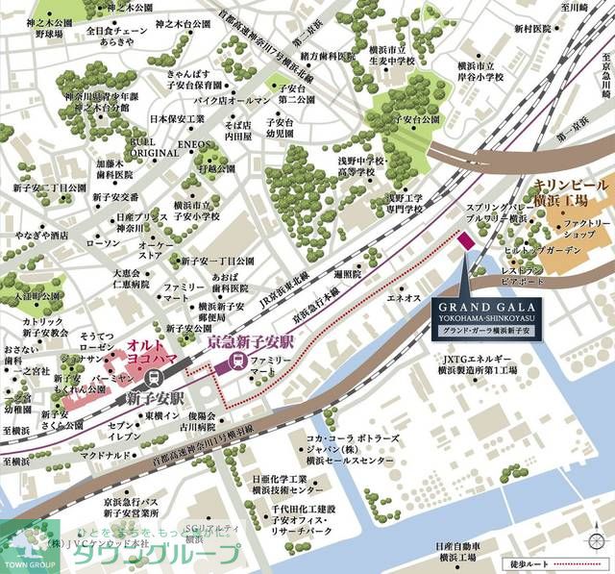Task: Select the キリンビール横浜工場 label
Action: [571, 191]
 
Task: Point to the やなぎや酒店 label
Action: [37, 235]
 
